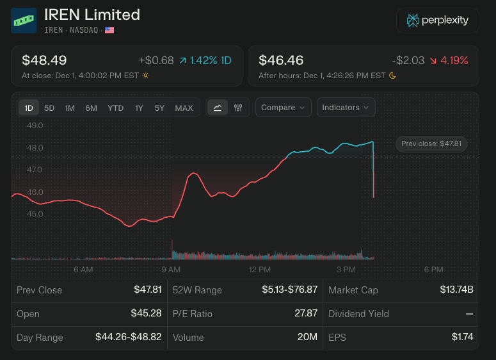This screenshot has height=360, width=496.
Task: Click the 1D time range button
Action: coord(29,108)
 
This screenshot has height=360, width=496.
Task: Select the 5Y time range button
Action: coord(159,108)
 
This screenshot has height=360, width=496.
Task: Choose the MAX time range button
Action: coord(184,108)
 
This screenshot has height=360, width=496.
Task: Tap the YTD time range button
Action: coord(116,108)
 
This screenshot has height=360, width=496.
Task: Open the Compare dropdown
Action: coord(284,108)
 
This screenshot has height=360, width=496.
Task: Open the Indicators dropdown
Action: coord(346,108)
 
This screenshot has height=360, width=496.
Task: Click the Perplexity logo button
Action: coord(438,20)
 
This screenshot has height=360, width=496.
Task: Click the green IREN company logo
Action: coord(24,20)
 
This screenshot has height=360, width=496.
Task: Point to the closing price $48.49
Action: coord(44,60)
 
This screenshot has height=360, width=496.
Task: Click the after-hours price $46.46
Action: coord(281,60)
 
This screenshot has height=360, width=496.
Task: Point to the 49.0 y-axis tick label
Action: coord(35,126)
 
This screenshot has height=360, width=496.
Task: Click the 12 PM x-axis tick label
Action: coord(260,270)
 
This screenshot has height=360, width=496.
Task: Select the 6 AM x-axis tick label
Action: coord(83,270)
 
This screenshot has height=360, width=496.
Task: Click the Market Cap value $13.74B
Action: coord(456,290)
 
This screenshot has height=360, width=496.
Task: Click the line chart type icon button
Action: coord(218,108)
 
